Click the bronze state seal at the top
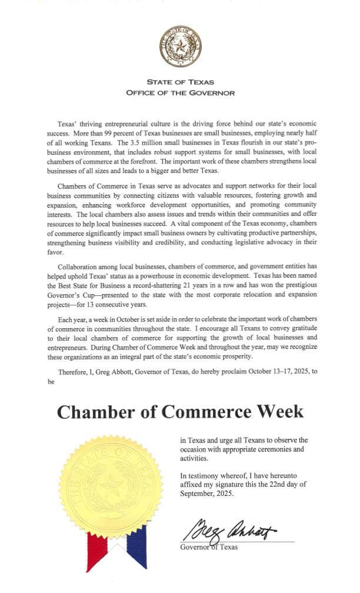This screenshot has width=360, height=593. point(180,46)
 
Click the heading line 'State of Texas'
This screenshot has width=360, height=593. point(180,82)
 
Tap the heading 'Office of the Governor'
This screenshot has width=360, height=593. point(180,93)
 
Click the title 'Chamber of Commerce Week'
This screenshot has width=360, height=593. point(180,411)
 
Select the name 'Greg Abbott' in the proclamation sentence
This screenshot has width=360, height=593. point(115,371)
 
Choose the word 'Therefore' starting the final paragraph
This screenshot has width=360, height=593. point(72,371)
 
